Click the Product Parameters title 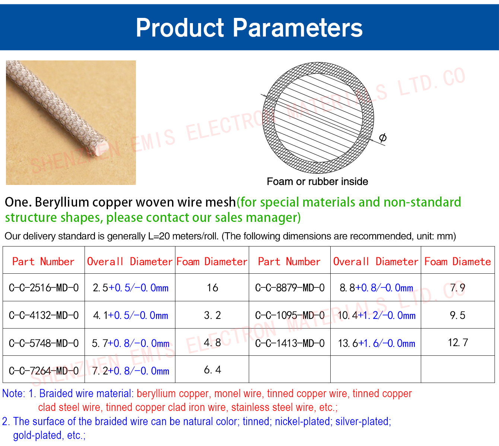[x=249, y=28]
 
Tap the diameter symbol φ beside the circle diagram [x=382, y=138]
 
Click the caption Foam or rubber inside [x=317, y=182]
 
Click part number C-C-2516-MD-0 [x=44, y=288]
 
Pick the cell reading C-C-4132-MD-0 [x=44, y=315]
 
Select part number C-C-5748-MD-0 [x=44, y=343]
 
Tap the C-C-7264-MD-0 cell [x=44, y=371]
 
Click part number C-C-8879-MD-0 [x=290, y=288]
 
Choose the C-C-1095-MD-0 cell [x=290, y=315]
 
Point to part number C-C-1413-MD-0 [x=290, y=343]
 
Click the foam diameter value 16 [x=212, y=288]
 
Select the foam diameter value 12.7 [x=458, y=342]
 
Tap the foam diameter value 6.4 [x=212, y=370]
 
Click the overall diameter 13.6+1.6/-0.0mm [x=376, y=343]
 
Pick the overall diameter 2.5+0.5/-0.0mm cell [x=131, y=288]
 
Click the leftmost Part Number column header [x=43, y=261]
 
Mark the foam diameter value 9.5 [x=458, y=315]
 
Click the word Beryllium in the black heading [x=61, y=202]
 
